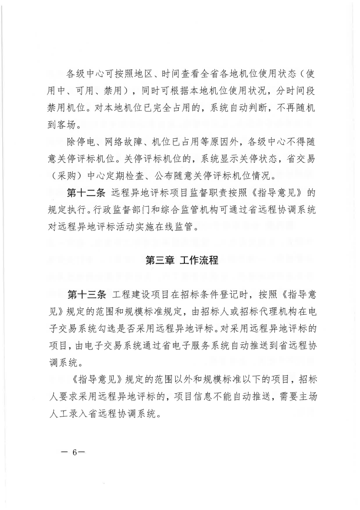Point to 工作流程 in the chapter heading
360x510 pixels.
click(x=199, y=260)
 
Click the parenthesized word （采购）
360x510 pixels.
click(x=68, y=174)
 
